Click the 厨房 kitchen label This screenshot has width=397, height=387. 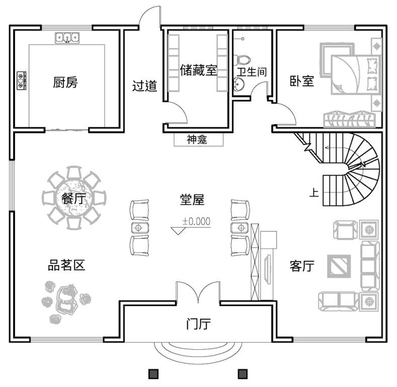coord(65,83)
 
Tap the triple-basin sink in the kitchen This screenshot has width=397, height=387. coord(67,38)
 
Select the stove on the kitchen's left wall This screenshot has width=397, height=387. coord(21,81)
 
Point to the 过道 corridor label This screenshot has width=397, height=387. coord(144,86)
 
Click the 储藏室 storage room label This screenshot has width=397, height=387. coord(198,70)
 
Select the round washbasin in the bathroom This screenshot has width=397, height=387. coord(239,84)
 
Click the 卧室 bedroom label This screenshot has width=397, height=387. coord(302,81)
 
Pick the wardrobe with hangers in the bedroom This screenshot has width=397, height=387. coord(349,119)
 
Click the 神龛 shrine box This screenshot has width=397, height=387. coord(198,139)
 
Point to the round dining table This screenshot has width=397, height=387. coord(74,198)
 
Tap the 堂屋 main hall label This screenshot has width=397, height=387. coord(192,200)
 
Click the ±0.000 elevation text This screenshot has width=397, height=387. coord(196,221)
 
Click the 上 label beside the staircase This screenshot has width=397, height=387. coord(314,192)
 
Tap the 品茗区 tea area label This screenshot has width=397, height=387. coord(66,265)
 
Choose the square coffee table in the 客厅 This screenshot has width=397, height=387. coord(339,266)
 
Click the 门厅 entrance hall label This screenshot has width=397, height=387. coord(198,324)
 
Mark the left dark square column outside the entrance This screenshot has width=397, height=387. coord(153,373)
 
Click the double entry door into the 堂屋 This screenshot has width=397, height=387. coord(198,292)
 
